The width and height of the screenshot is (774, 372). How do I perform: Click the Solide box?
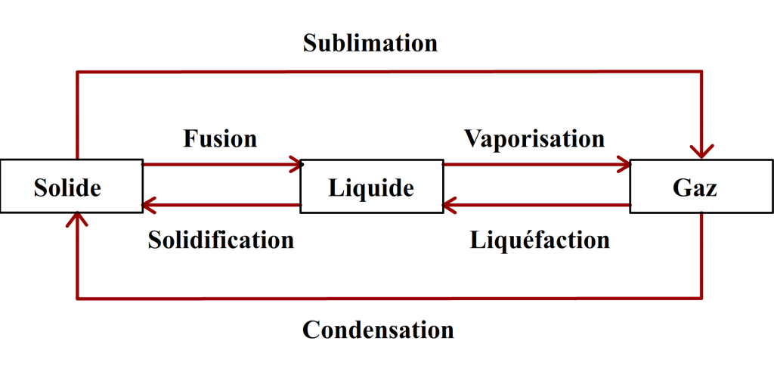pos(72,186)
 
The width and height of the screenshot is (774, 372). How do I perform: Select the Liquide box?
pos(371,186)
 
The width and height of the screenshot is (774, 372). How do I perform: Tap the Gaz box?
pos(701,186)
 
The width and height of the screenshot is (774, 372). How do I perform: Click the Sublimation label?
pos(370,43)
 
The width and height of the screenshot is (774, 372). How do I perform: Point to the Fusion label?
pos(220,139)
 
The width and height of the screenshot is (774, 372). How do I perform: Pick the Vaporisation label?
pos(534,139)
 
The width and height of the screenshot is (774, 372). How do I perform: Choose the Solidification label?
pos(221,240)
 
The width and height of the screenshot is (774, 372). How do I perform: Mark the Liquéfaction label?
pos(540,240)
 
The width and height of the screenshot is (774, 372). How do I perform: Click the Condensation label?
pos(378,330)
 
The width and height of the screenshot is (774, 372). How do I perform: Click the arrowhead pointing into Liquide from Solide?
pos(294,164)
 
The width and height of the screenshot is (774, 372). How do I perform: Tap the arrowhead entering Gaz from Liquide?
pos(624,164)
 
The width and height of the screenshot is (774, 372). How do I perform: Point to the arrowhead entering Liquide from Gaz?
pos(450,205)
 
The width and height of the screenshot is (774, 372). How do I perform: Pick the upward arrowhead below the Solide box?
pos(77,220)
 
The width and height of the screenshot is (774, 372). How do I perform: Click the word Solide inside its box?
pos(67,188)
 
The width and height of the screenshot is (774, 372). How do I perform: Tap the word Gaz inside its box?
pos(695,188)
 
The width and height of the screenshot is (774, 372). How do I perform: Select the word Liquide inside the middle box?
pos(371,188)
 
